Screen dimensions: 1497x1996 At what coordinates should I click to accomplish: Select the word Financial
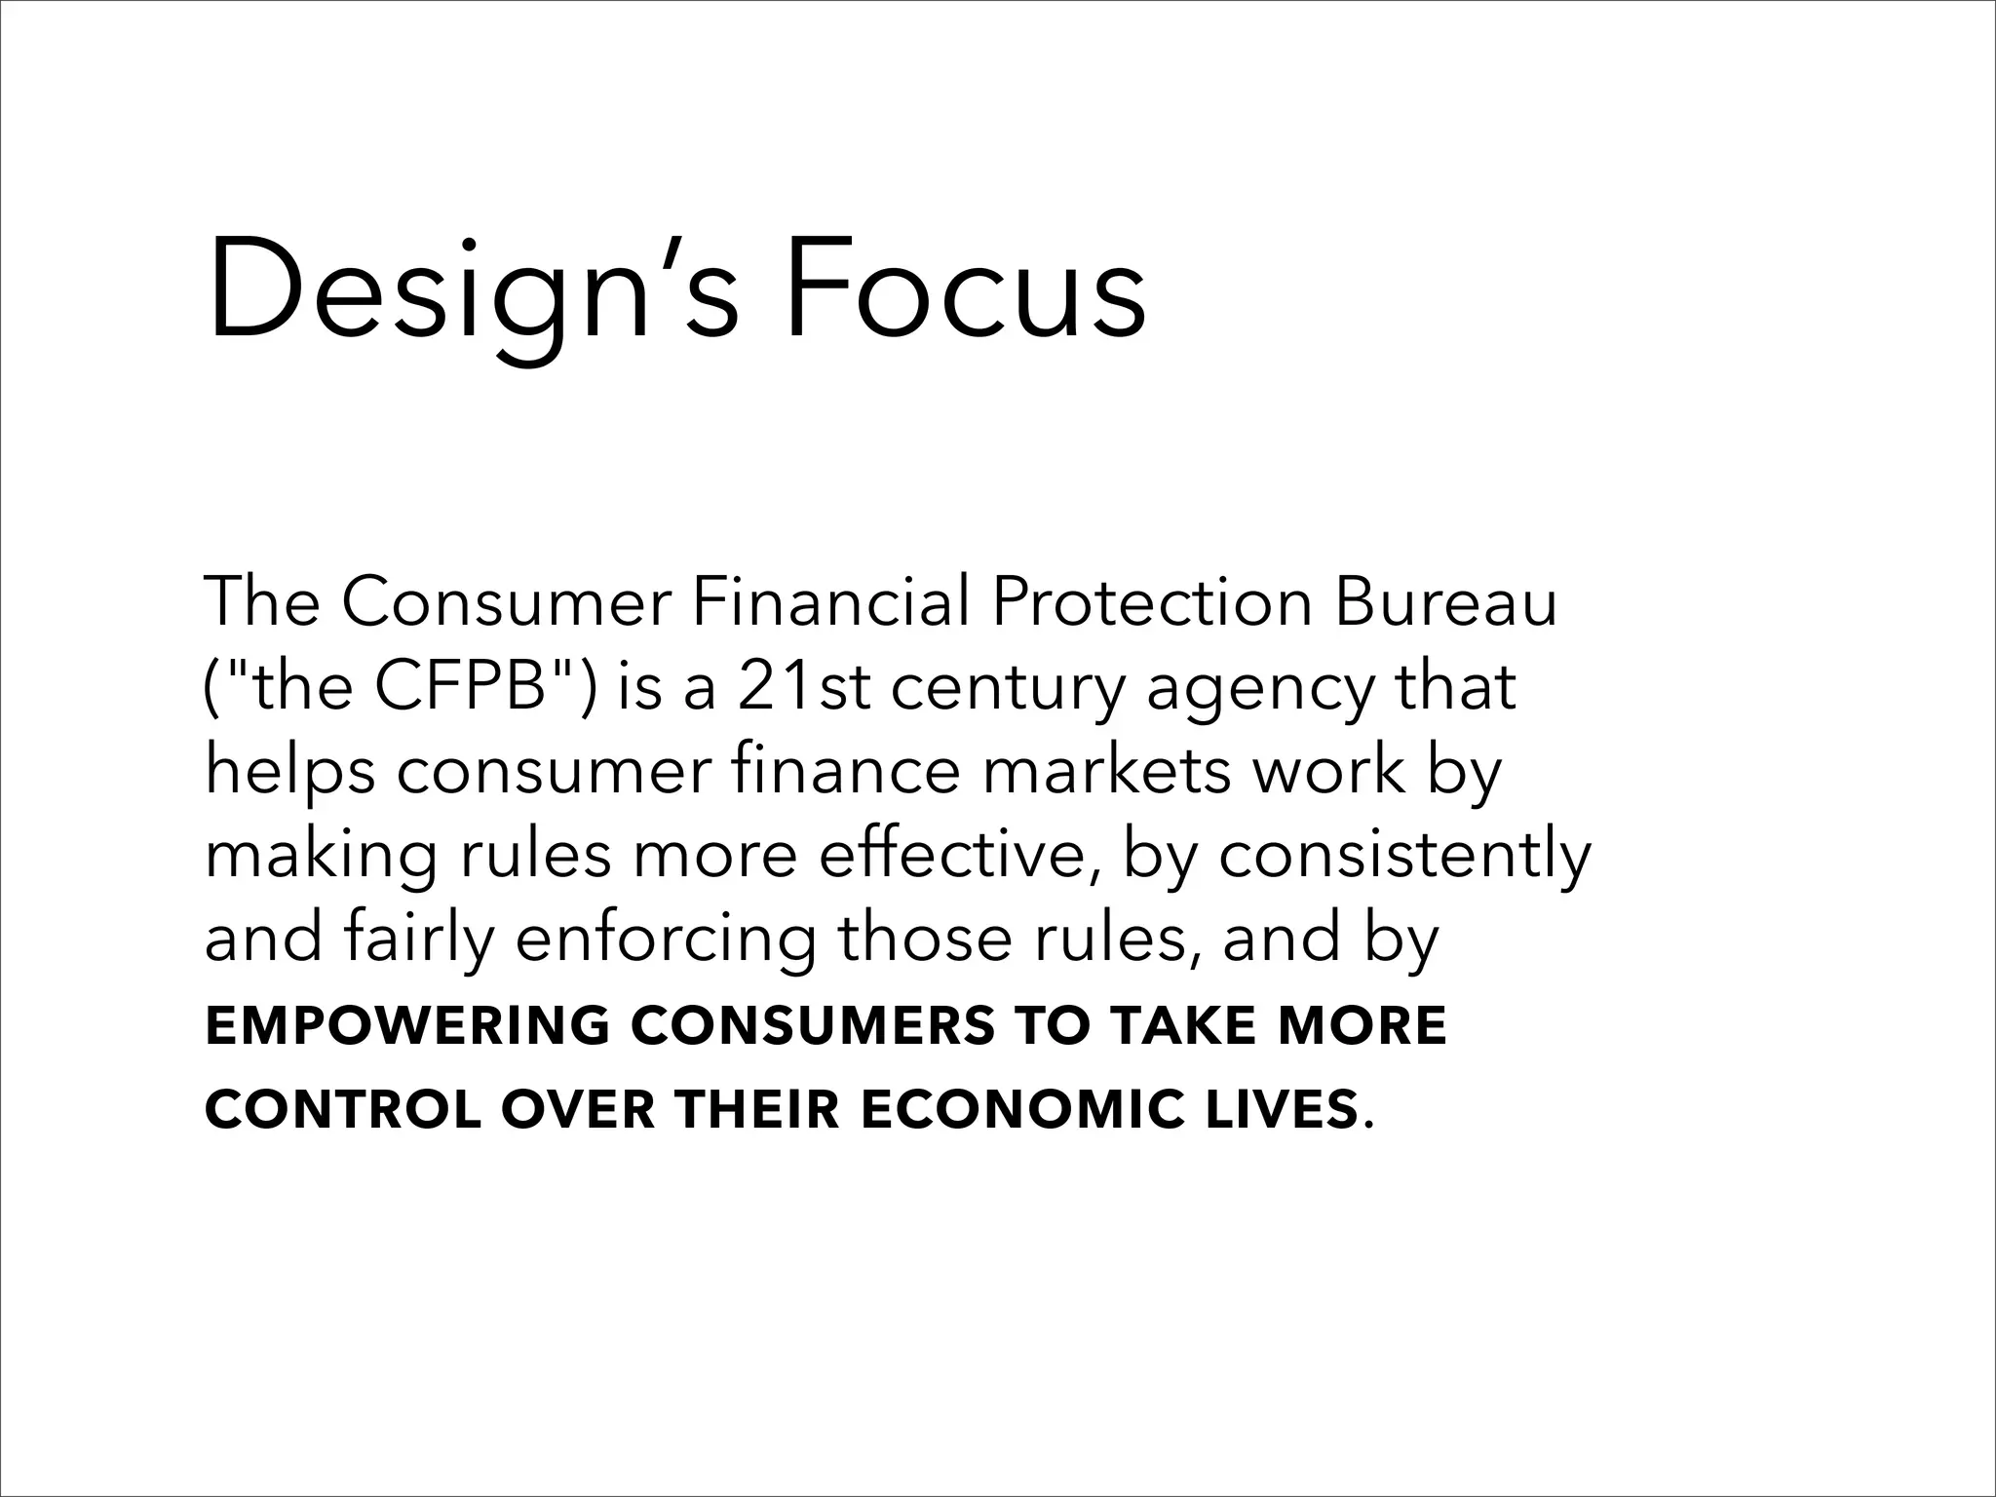pyautogui.click(x=829, y=602)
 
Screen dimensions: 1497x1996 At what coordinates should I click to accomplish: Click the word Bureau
pyautogui.click(x=1445, y=602)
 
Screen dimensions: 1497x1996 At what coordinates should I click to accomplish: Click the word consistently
pyautogui.click(x=1404, y=856)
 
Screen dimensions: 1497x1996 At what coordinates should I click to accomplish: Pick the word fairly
pyautogui.click(x=419, y=940)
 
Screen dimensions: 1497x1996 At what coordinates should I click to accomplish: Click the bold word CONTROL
pyautogui.click(x=343, y=1110)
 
